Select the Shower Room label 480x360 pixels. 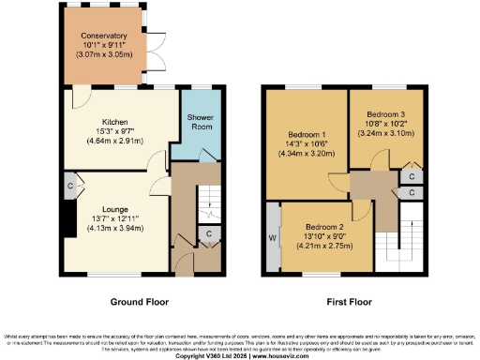tap(199, 123)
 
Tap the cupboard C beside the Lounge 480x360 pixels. tap(69, 187)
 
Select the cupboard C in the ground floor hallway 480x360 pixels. tap(208, 232)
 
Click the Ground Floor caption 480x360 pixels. tap(139, 303)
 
